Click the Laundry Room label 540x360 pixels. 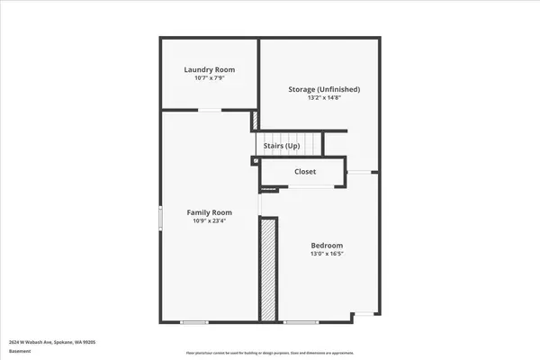[x=209, y=69]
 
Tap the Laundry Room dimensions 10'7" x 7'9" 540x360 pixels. [x=209, y=78]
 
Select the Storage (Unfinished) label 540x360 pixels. [x=324, y=89]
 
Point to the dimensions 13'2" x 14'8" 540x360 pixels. [x=324, y=98]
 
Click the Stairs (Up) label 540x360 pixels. [x=282, y=145]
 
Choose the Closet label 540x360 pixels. [x=305, y=171]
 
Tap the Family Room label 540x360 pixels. [x=210, y=212]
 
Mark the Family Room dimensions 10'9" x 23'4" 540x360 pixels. [x=210, y=221]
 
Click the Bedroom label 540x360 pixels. [x=327, y=245]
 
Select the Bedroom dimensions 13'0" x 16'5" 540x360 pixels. [x=327, y=254]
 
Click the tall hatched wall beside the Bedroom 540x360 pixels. [x=267, y=269]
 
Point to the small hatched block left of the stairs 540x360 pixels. [x=255, y=120]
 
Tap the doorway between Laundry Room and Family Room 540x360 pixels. [x=210, y=110]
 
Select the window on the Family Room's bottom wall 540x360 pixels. [x=193, y=321]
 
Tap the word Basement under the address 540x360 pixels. [x=19, y=352]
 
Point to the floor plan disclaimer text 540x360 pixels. [x=269, y=352]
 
